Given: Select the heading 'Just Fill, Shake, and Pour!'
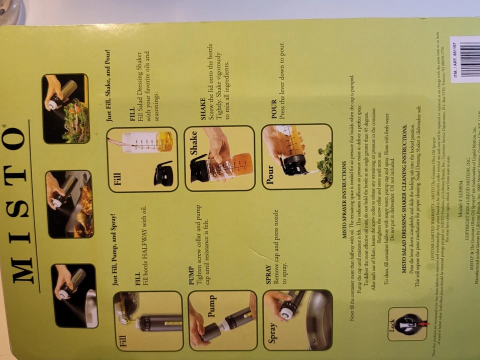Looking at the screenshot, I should [x=108, y=85].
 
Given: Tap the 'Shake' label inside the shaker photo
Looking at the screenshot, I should [x=194, y=142].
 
